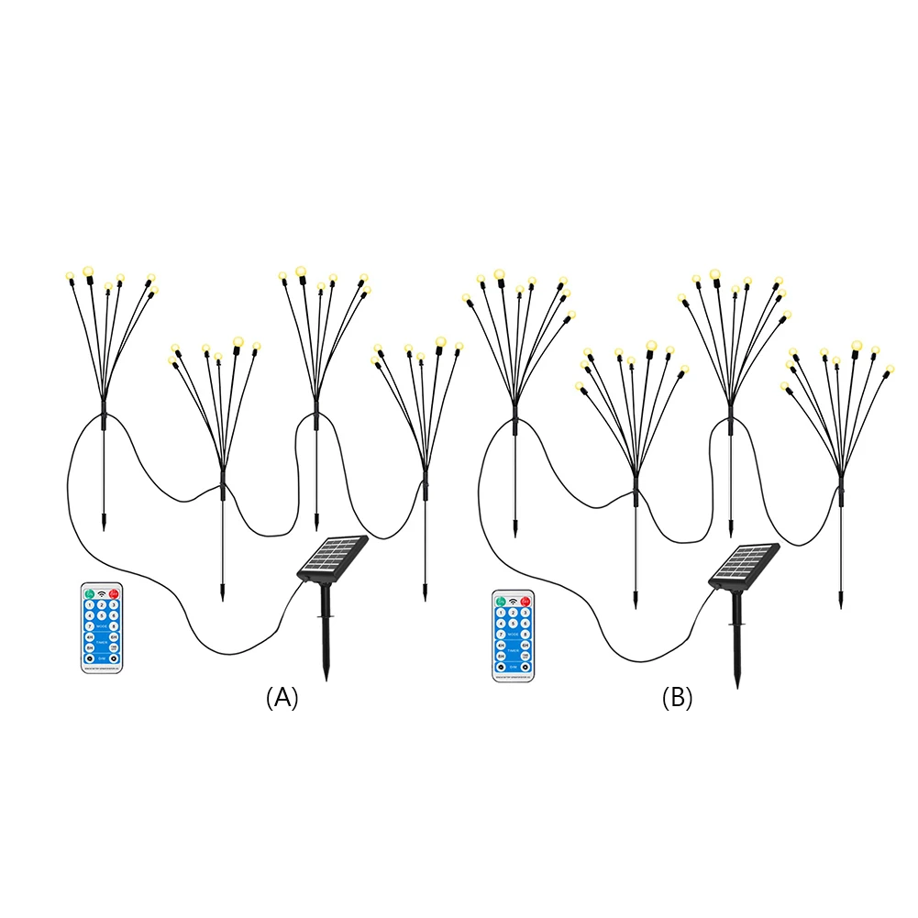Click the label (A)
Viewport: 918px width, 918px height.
tap(282, 698)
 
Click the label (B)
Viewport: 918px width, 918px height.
tap(677, 698)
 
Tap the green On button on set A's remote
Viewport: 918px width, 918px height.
tap(90, 594)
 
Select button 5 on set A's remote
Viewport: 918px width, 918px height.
tap(102, 615)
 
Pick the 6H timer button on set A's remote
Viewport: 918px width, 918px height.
tap(114, 637)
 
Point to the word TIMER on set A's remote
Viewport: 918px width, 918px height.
tap(102, 642)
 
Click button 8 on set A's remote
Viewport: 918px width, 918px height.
tap(114, 626)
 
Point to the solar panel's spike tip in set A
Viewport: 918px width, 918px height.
tap(326, 679)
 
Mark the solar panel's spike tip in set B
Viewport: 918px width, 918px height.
tap(738, 687)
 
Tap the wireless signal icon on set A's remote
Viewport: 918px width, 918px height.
tap(102, 594)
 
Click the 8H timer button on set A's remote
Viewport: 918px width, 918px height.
tap(90, 647)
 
